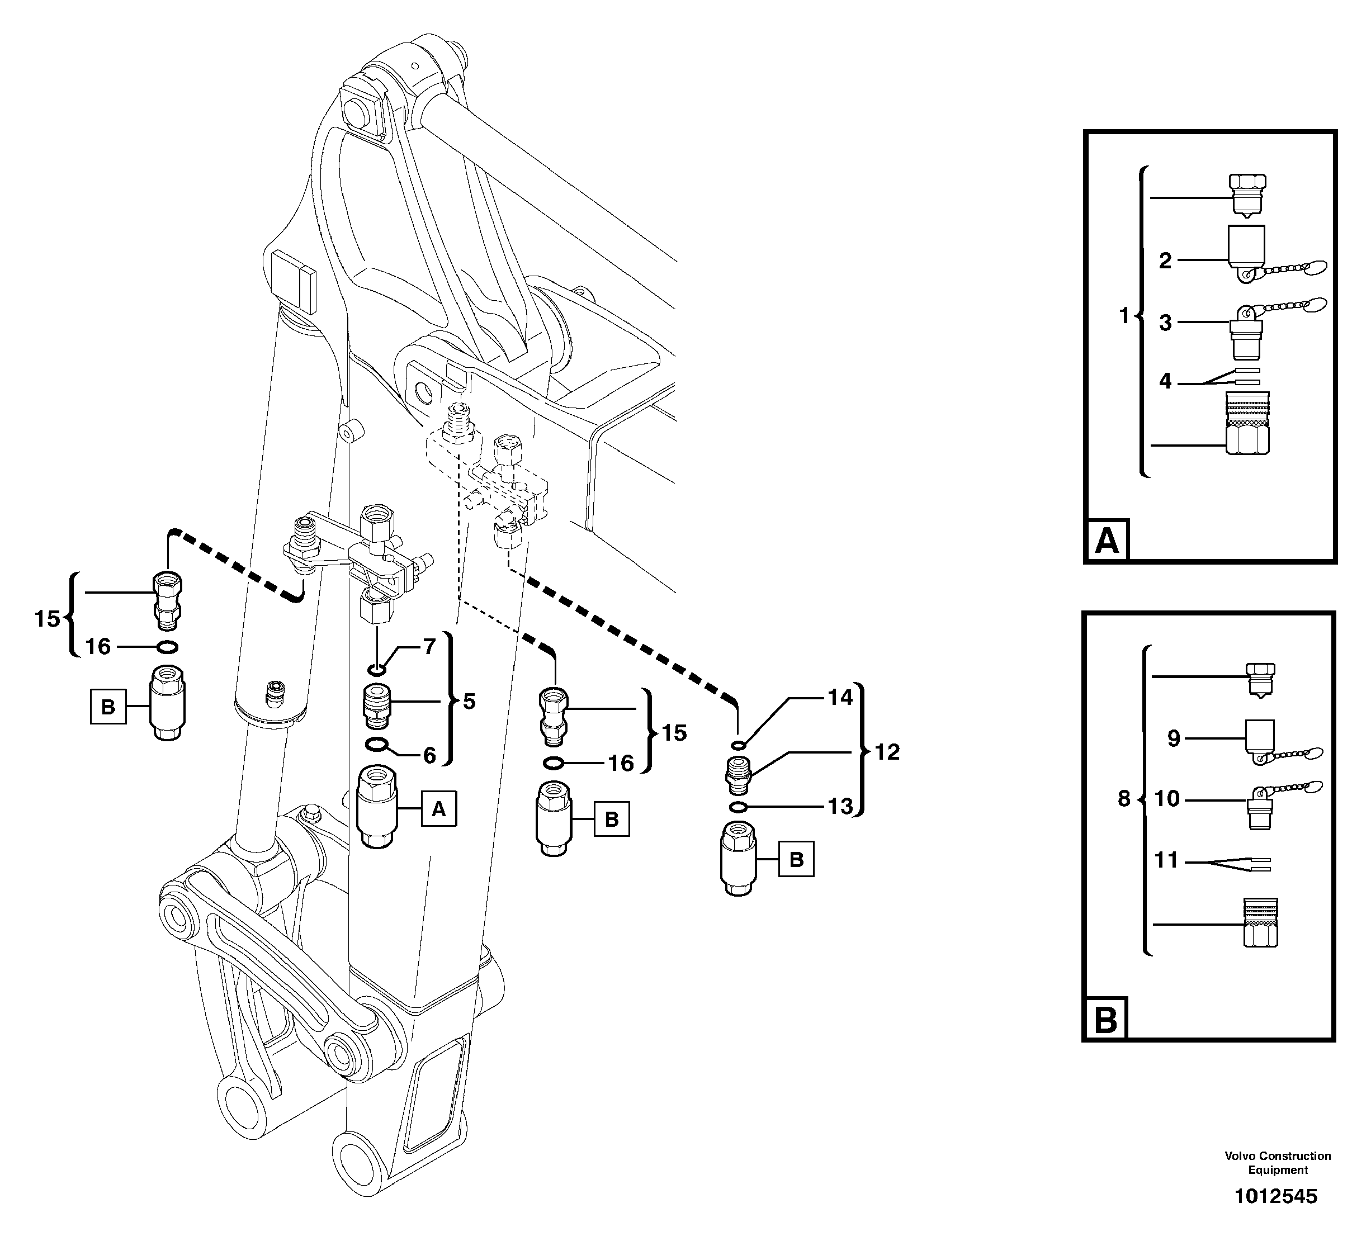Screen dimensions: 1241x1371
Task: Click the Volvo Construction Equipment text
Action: pyautogui.click(x=1278, y=1163)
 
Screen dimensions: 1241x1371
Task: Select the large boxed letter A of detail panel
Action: pyautogui.click(x=1107, y=541)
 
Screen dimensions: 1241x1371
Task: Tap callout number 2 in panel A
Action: pyautogui.click(x=1165, y=260)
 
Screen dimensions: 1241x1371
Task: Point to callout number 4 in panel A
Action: pyautogui.click(x=1165, y=381)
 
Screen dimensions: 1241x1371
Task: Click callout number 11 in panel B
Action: pyautogui.click(x=1166, y=860)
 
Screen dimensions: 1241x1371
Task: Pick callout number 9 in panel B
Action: pyautogui.click(x=1174, y=738)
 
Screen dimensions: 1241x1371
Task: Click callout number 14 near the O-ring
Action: pyautogui.click(x=840, y=697)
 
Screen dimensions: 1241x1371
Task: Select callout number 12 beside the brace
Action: pyautogui.click(x=887, y=751)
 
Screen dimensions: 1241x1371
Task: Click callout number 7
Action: pyautogui.click(x=429, y=647)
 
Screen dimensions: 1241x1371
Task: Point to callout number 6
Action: pyautogui.click(x=429, y=755)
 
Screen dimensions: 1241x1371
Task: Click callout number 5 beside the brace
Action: pyautogui.click(x=469, y=701)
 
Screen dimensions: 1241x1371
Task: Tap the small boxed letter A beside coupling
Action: pyautogui.click(x=438, y=808)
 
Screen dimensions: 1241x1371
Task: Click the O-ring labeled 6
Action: pyautogui.click(x=376, y=745)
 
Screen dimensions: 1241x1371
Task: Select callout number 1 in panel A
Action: pyautogui.click(x=1124, y=315)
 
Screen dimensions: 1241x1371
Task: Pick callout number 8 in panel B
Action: pyautogui.click(x=1124, y=798)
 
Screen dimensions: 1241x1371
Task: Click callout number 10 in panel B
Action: pyautogui.click(x=1167, y=798)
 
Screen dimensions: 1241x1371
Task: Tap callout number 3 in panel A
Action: pyautogui.click(x=1165, y=323)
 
